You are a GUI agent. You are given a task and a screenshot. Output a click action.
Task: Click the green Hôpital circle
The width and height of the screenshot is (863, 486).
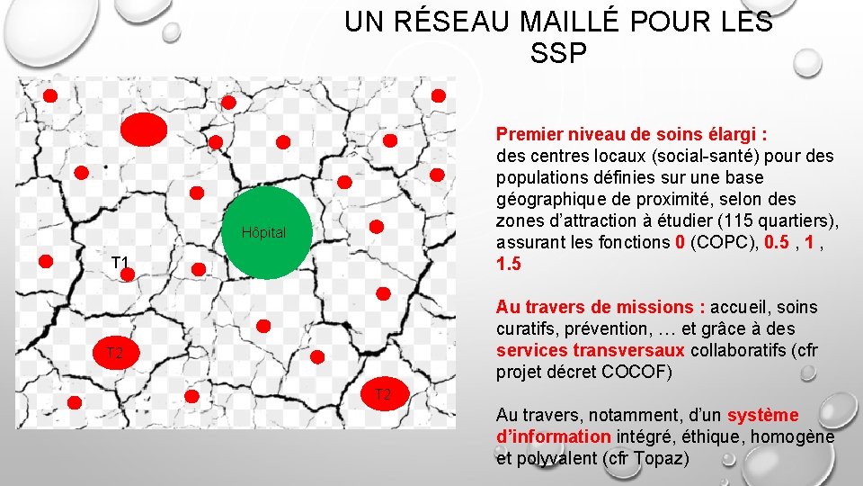point(265,233)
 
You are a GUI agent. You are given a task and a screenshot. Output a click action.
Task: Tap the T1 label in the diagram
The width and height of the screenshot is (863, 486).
point(120,263)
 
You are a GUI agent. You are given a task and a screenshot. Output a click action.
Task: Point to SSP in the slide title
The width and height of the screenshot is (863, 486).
point(558,53)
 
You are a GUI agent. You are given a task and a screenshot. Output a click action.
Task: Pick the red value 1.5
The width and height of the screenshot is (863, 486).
point(508,264)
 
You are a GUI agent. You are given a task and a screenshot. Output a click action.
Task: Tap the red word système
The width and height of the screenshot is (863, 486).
point(762,415)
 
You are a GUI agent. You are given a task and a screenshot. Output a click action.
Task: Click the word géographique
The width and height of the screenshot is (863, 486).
point(547,199)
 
